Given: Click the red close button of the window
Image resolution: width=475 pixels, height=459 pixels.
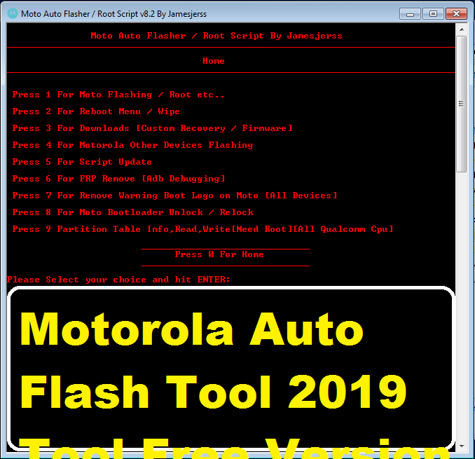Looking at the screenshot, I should coord(456,13).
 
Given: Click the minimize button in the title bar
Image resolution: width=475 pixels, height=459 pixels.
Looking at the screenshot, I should coord(411,13).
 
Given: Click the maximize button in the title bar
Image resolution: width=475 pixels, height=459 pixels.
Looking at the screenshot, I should coord(432,13).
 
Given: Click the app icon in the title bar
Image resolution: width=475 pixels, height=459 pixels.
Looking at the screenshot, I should coord(11,13).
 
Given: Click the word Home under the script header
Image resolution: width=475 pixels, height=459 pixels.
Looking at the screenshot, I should coord(214,61).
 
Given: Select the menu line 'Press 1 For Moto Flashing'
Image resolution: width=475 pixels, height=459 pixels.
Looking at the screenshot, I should coord(118,95).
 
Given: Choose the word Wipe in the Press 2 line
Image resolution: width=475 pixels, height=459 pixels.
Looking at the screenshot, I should coord(169,111).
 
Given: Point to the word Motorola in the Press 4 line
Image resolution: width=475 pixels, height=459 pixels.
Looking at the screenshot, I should coord(102,145).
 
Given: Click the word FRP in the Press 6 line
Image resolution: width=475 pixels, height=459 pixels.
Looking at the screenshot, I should coord(88,179).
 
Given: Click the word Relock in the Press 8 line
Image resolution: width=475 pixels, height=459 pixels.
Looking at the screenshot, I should coord(236,212).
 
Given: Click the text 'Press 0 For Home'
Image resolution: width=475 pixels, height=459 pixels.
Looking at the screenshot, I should coord(219,254).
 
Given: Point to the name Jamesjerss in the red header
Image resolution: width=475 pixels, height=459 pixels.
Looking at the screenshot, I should coord(315,36).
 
